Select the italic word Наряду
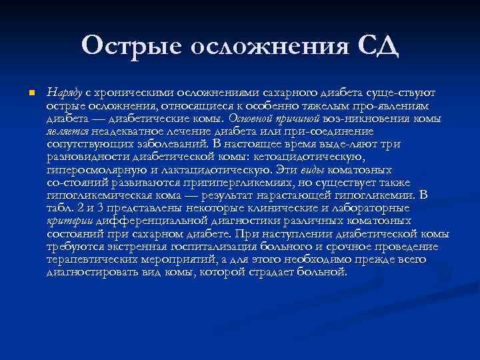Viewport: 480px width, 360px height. point(64,92)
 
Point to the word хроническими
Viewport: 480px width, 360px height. point(133,92)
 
